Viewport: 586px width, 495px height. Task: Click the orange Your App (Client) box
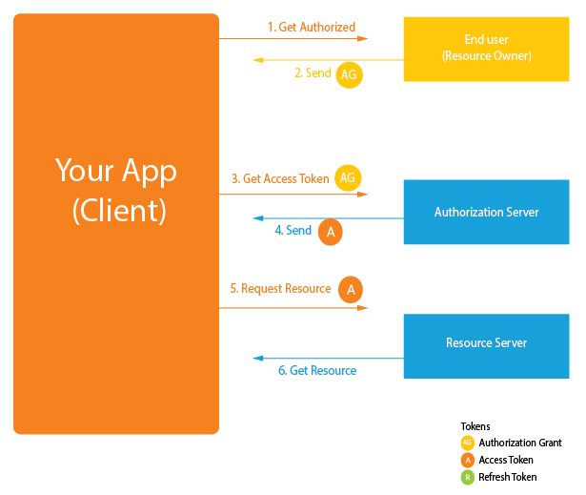click(116, 286)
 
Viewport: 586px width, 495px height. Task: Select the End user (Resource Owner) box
click(486, 49)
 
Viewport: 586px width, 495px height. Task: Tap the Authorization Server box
click(486, 212)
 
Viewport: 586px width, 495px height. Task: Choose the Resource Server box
click(486, 342)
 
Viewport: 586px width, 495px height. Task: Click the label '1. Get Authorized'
click(312, 28)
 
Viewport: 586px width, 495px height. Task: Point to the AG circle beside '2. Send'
click(350, 74)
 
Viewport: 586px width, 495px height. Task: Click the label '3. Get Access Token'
click(280, 178)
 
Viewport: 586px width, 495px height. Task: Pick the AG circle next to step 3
click(350, 177)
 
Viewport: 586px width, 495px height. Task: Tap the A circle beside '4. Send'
click(330, 232)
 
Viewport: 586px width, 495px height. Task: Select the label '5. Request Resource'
click(280, 288)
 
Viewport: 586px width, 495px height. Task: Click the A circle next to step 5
click(350, 289)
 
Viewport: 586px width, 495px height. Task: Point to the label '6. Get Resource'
click(317, 370)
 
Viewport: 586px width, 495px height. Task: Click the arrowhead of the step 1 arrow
click(363, 39)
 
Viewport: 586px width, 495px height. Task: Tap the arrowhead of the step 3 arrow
click(363, 195)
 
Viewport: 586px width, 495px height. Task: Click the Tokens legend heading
click(475, 426)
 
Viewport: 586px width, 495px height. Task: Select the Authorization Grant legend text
click(520, 443)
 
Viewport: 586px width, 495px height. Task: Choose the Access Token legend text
click(506, 460)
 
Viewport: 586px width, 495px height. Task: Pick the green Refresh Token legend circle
click(467, 477)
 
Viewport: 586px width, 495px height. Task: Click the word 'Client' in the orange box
click(119, 211)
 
